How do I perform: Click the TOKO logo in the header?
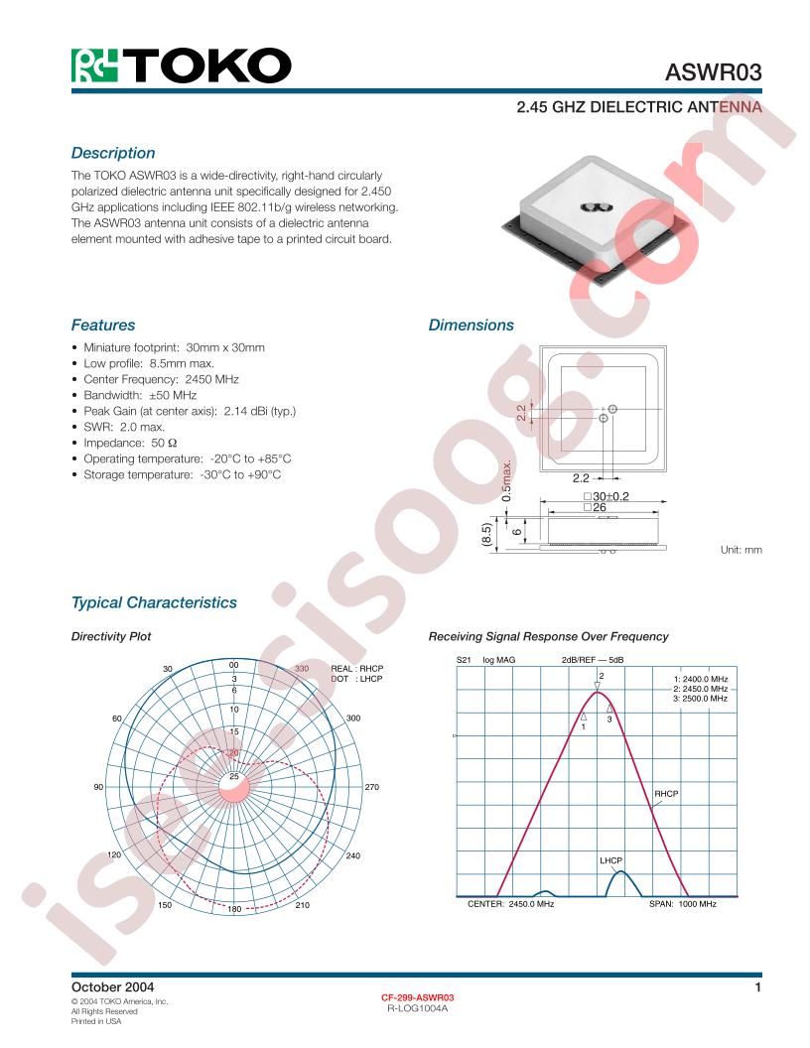click(x=181, y=65)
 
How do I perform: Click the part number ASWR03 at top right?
click(x=713, y=72)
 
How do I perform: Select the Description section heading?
click(x=113, y=153)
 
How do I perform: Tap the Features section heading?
click(x=103, y=325)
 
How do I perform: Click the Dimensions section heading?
click(x=472, y=325)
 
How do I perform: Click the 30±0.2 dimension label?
click(x=607, y=496)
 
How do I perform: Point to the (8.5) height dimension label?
click(x=486, y=536)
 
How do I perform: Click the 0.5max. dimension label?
click(x=507, y=480)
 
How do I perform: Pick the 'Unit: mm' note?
click(x=742, y=550)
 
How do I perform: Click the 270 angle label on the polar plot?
click(x=371, y=787)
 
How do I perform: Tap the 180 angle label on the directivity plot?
click(x=234, y=909)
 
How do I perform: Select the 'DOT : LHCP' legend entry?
click(x=356, y=679)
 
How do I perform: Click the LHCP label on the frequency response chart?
click(x=610, y=860)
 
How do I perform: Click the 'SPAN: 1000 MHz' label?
click(x=682, y=904)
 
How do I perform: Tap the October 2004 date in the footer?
click(x=112, y=987)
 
